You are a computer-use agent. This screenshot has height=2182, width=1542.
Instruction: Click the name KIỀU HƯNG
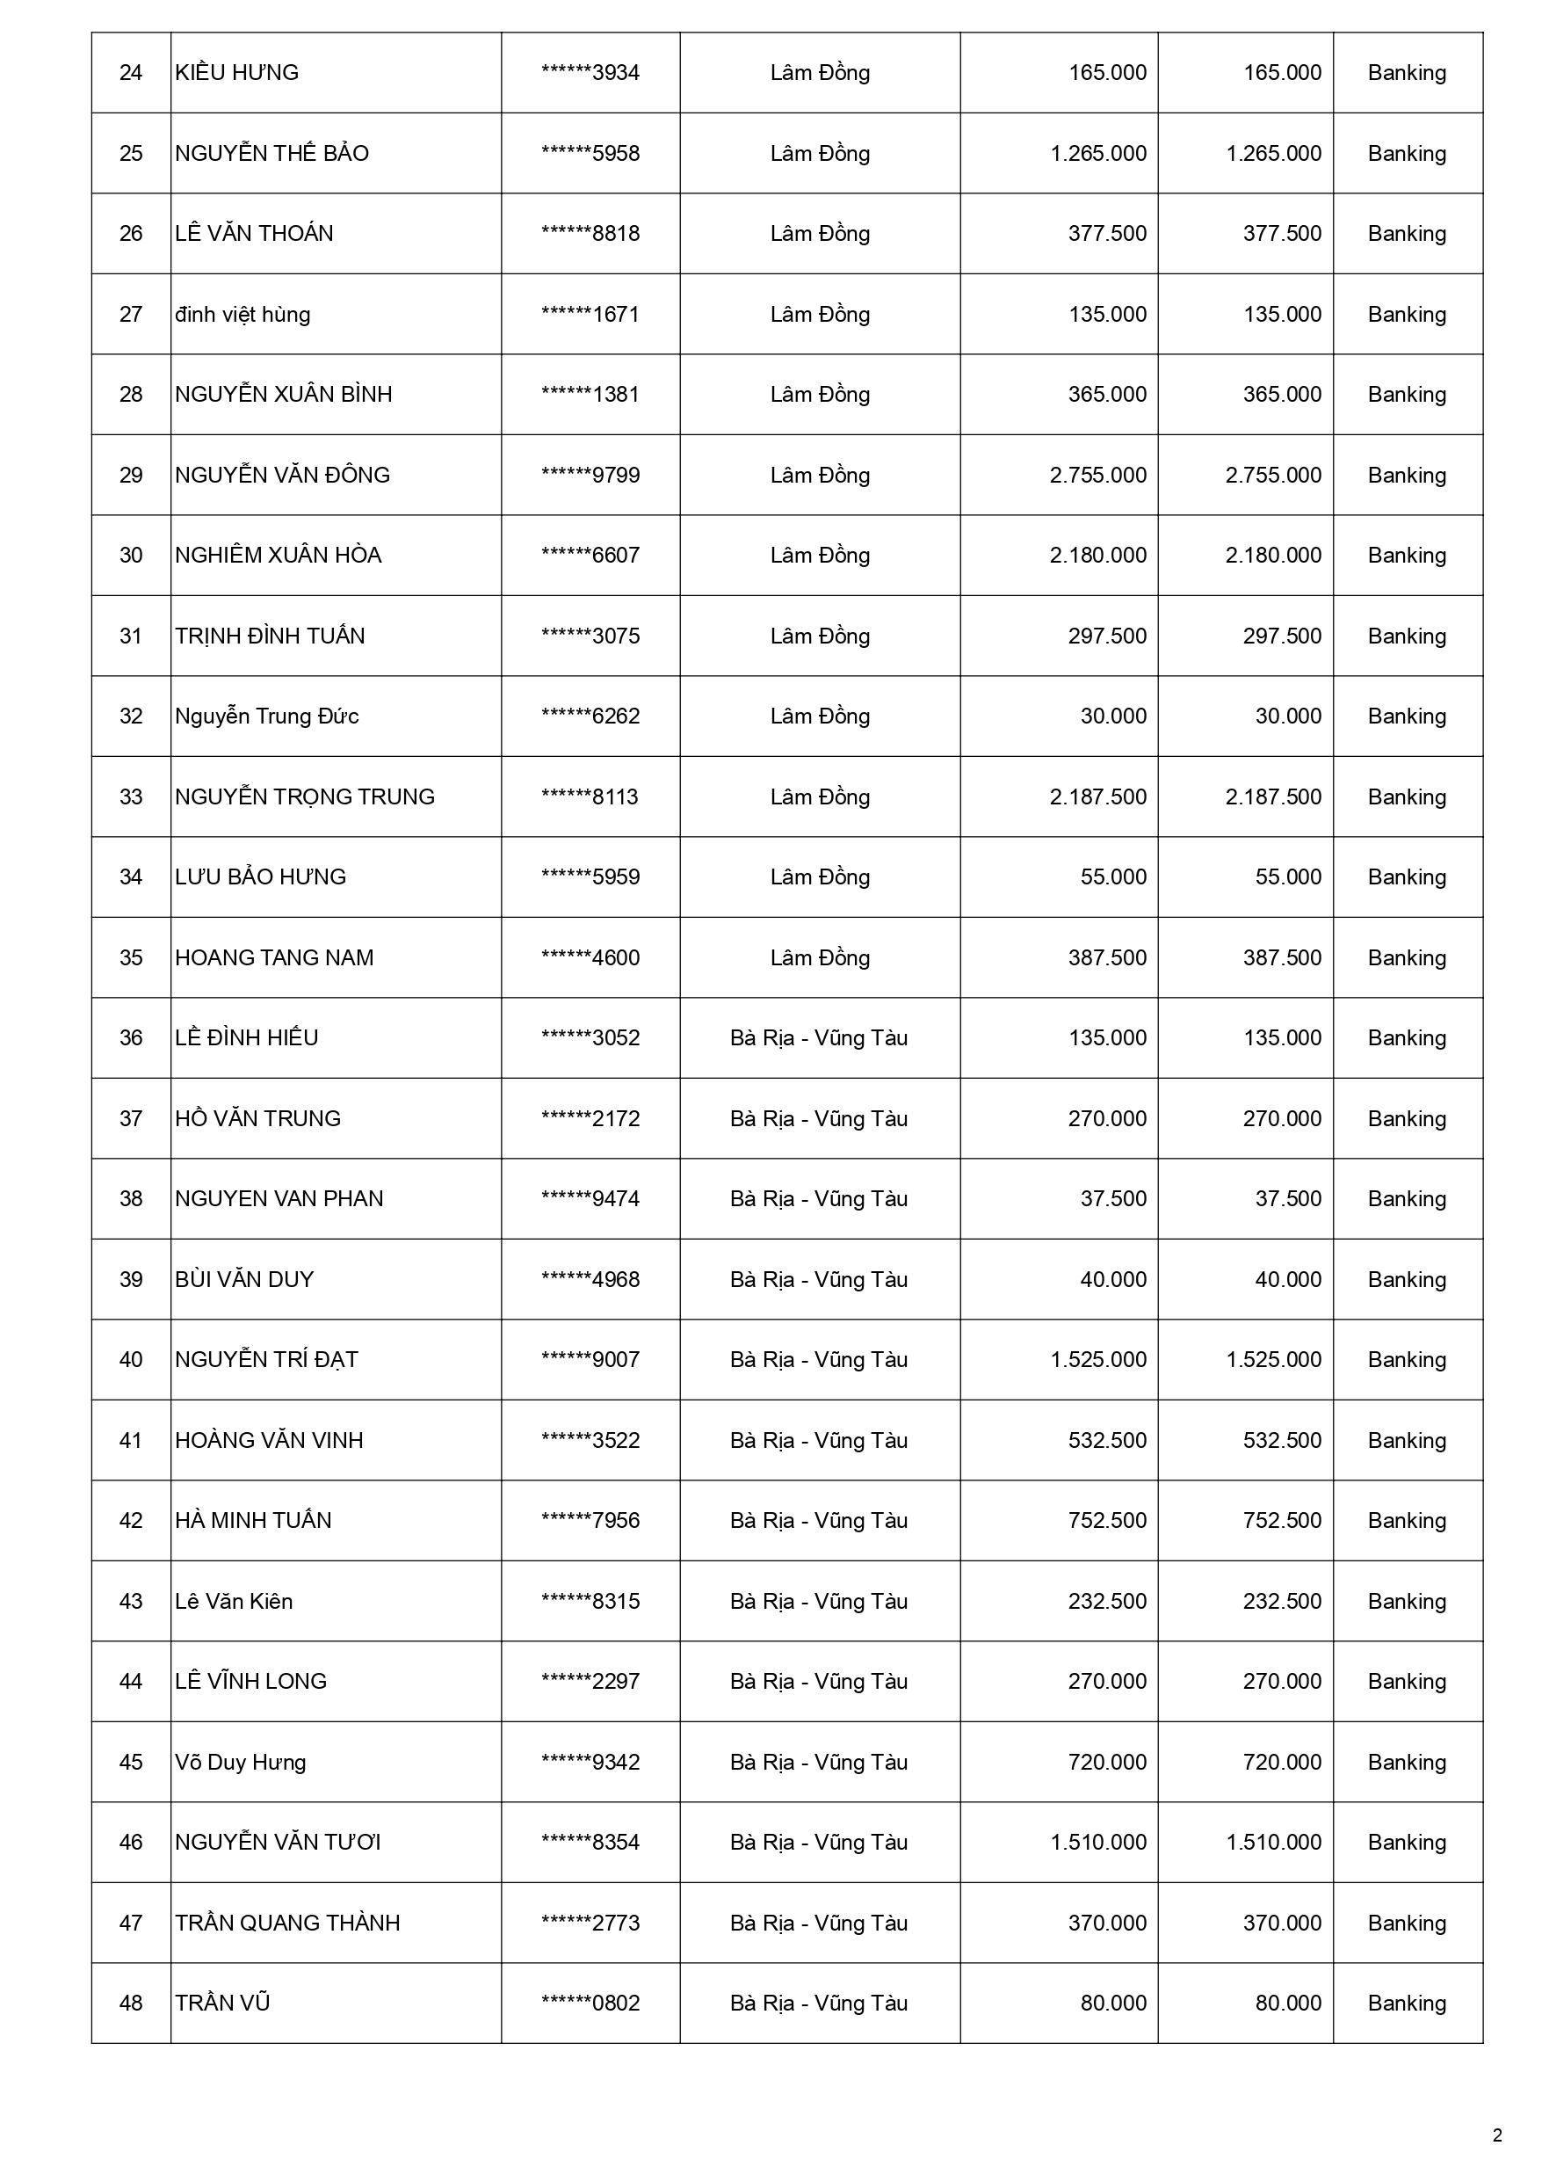[236, 73]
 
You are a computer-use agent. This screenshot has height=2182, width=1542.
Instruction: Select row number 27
[130, 315]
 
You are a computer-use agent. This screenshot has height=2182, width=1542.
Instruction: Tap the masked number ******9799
[590, 476]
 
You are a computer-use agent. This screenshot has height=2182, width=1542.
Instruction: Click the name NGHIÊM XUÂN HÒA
[278, 555]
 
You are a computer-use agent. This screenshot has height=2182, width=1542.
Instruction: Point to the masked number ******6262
[590, 716]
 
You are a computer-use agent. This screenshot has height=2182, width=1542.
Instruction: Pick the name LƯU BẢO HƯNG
[260, 877]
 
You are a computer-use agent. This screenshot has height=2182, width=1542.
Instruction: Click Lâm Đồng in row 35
[819, 958]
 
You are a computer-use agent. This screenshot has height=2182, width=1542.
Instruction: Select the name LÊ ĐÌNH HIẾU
[246, 1037]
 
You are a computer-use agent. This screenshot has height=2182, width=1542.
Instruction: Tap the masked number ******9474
[590, 1199]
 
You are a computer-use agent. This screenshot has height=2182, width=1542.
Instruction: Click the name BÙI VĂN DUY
[244, 1279]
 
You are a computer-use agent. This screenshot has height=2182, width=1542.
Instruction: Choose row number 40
[130, 1360]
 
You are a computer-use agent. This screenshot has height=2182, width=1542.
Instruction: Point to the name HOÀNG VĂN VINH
[269, 1441]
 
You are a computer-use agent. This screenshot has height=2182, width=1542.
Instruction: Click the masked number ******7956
[590, 1521]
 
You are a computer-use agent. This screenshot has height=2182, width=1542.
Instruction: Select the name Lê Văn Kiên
[234, 1602]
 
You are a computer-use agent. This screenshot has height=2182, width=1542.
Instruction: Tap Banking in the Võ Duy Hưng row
[1406, 1762]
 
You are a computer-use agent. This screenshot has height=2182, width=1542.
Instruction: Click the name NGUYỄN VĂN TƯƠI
[278, 1843]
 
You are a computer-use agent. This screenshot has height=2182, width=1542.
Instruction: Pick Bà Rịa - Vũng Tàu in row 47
[819, 1924]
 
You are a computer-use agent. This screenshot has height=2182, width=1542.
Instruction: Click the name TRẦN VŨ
[222, 2004]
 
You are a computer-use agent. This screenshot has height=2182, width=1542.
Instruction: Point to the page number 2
[1497, 2135]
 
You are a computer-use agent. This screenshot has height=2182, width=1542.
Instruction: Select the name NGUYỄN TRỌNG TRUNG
[304, 797]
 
